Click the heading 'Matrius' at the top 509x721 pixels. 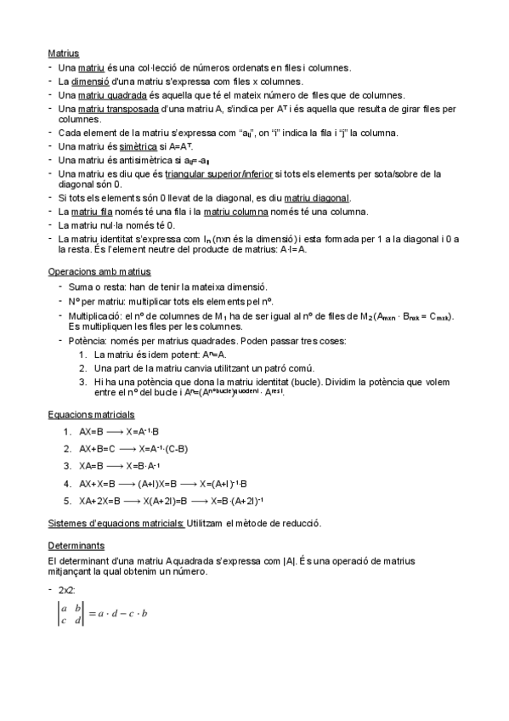click(x=63, y=53)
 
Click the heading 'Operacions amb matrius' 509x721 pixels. click(x=99, y=272)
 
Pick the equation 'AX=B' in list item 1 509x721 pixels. click(x=92, y=432)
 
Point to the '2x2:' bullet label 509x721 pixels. click(x=68, y=589)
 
